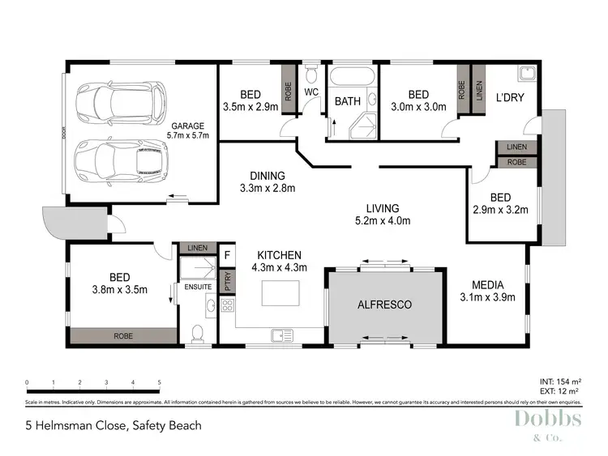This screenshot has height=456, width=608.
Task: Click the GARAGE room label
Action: pyautogui.click(x=188, y=126)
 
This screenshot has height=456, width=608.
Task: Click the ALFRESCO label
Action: pyautogui.click(x=385, y=305)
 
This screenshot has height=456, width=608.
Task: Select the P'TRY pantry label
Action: pyautogui.click(x=228, y=281)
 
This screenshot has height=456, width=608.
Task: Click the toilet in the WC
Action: pyautogui.click(x=312, y=78)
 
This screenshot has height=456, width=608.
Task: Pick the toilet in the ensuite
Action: pyautogui.click(x=196, y=333)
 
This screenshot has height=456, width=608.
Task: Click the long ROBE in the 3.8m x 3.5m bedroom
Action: pyautogui.click(x=123, y=335)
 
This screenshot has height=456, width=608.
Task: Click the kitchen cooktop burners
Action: pyautogui.click(x=227, y=305)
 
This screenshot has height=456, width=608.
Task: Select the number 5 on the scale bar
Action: pyautogui.click(x=160, y=381)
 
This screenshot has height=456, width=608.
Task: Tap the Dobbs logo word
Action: pyautogui.click(x=546, y=419)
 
